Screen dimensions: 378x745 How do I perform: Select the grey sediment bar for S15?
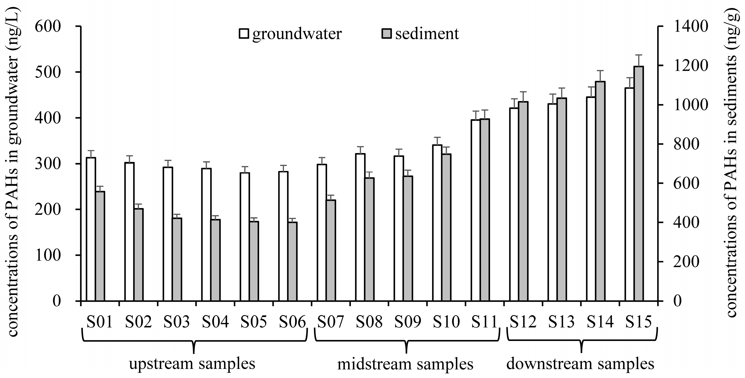click(639, 184)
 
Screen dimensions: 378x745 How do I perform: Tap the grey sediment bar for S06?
click(292, 262)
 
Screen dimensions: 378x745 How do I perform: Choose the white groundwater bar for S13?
click(552, 202)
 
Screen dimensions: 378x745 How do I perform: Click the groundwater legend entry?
click(291, 34)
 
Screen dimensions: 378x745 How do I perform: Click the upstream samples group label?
click(192, 364)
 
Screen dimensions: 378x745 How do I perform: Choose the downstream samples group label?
click(581, 364)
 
